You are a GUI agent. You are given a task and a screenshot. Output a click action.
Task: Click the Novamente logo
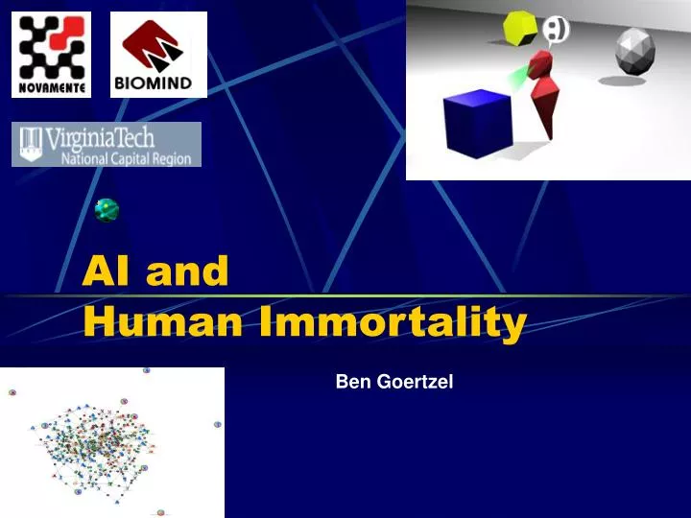pyautogui.click(x=51, y=55)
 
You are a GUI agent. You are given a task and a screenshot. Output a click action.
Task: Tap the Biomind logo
pyautogui.click(x=158, y=55)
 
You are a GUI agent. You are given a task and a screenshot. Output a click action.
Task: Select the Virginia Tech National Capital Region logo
pyautogui.click(x=107, y=144)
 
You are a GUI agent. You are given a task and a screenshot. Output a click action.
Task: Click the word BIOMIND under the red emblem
pyautogui.click(x=158, y=83)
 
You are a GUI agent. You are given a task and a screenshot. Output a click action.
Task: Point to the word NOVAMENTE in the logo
pyautogui.click(x=51, y=89)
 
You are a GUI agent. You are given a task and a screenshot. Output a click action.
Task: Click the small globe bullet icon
pyautogui.click(x=107, y=210)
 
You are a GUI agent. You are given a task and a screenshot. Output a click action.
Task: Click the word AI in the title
pyautogui.click(x=107, y=273)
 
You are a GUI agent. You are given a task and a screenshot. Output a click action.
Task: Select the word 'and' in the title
pyautogui.click(x=187, y=273)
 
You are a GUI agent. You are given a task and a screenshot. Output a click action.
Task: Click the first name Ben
pyautogui.click(x=351, y=382)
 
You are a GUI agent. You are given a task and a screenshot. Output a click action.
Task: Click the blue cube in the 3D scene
pyautogui.click(x=476, y=123)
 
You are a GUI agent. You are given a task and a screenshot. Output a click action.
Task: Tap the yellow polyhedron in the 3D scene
pyautogui.click(x=521, y=27)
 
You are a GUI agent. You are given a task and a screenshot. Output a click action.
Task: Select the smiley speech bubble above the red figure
pyautogui.click(x=557, y=31)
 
